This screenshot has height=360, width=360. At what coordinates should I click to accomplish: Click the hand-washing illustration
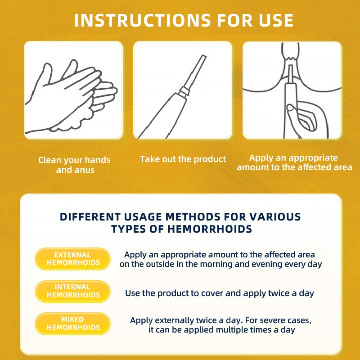point(71,96)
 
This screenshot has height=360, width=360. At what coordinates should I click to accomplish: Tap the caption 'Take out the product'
point(183,159)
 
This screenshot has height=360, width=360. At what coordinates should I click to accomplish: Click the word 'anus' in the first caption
point(85,170)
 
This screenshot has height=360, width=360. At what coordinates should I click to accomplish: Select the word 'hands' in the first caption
point(97,160)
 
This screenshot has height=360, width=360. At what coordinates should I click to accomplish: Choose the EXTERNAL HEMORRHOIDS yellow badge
point(72,259)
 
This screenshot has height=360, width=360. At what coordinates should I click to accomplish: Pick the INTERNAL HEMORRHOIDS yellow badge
point(72,291)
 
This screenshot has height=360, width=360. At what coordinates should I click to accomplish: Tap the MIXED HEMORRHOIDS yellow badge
point(72,324)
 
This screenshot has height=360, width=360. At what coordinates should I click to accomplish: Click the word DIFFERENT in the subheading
point(90,217)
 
